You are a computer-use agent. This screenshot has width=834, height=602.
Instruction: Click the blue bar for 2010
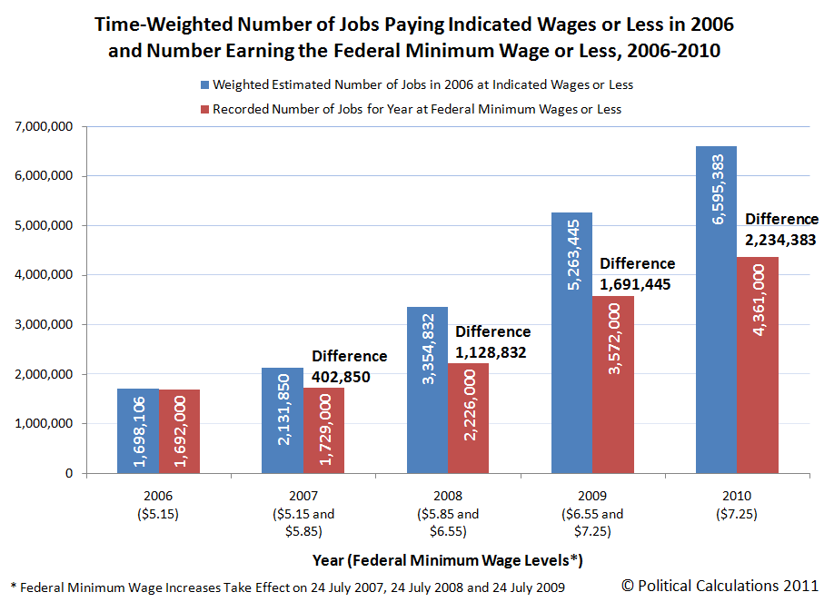click(716, 310)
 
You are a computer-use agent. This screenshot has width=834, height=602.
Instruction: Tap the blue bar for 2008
click(427, 390)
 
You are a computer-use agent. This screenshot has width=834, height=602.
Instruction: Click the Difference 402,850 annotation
click(349, 365)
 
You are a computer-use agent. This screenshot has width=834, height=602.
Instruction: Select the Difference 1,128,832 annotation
click(492, 340)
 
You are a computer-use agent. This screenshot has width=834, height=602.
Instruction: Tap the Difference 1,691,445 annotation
click(637, 272)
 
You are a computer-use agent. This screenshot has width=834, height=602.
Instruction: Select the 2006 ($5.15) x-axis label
click(158, 505)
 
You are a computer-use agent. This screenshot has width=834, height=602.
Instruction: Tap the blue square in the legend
click(205, 85)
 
